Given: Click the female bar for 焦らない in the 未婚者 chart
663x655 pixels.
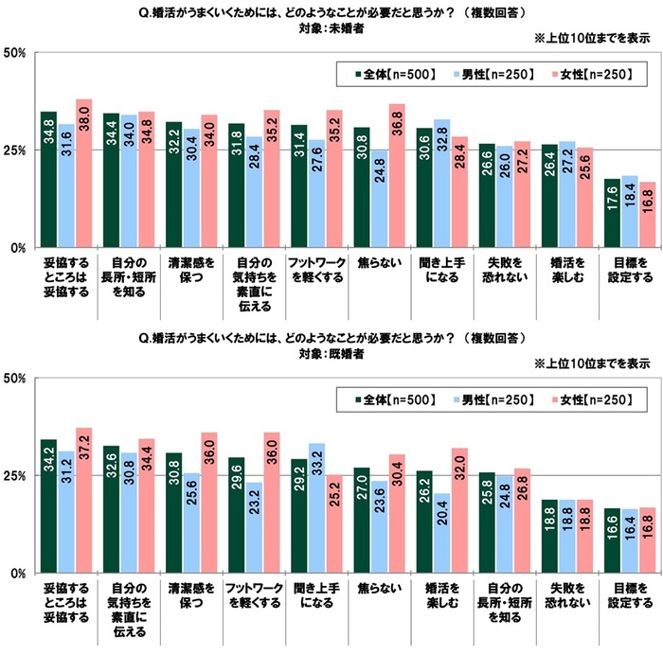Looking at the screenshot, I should coord(397,176).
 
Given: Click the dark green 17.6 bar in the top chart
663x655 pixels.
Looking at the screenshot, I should coord(612,213).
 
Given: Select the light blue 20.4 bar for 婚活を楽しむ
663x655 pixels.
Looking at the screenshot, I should coord(440,533).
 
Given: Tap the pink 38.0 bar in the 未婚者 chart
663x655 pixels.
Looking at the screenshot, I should coord(84,173).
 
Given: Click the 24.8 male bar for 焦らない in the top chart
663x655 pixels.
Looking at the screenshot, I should coord(379,199).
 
